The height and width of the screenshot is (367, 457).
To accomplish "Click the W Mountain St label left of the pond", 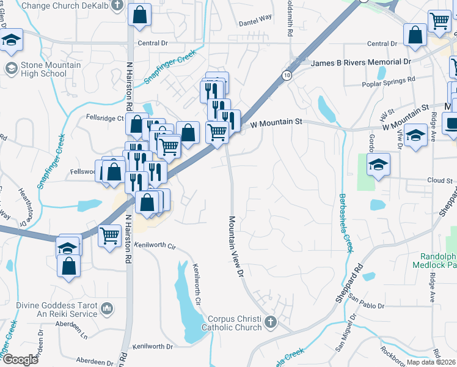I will pyautogui.click(x=277, y=122).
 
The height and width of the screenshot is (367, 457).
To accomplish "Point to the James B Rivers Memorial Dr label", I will pyautogui.click(x=360, y=62).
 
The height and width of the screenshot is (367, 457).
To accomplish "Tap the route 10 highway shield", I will pyautogui.click(x=286, y=75).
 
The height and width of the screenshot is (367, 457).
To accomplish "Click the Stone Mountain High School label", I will pyautogui.click(x=43, y=70).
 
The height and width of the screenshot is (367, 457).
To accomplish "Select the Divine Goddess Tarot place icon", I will pyautogui.click(x=108, y=307).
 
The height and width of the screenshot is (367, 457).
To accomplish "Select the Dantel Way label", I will pyautogui.click(x=255, y=18).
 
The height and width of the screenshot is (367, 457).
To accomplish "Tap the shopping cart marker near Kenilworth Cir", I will pyautogui.click(x=109, y=234).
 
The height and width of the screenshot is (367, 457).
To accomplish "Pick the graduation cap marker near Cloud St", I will pyautogui.click(x=378, y=164).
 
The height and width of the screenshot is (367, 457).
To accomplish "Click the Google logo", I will pyautogui.click(x=21, y=360).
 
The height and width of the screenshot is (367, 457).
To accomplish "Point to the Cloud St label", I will pyautogui.click(x=440, y=181).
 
